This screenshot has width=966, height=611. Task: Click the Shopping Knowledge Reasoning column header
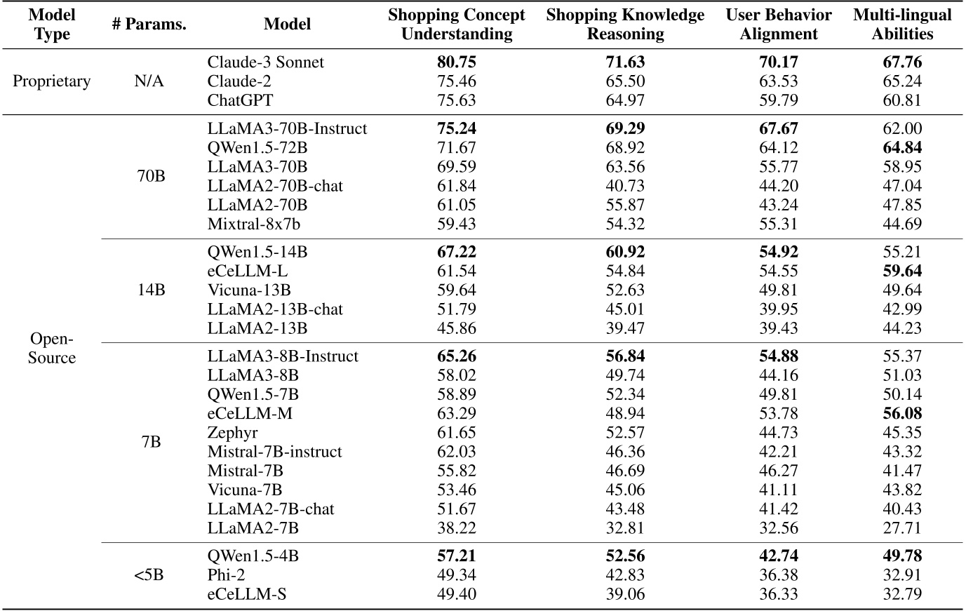pyautogui.click(x=625, y=25)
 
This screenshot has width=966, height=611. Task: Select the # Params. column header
pyautogui.click(x=149, y=25)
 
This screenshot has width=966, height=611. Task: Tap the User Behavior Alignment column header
pyautogui.click(x=779, y=25)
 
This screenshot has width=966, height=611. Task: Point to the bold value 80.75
pyautogui.click(x=457, y=62)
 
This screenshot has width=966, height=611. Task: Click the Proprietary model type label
pyautogui.click(x=52, y=81)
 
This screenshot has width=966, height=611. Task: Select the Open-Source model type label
pyautogui.click(x=52, y=349)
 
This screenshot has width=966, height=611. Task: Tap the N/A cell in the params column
pyautogui.click(x=149, y=81)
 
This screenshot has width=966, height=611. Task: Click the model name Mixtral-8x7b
pyautogui.click(x=254, y=224)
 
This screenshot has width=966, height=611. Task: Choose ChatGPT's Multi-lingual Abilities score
pyautogui.click(x=902, y=100)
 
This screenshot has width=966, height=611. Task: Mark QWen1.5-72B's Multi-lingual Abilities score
pyautogui.click(x=902, y=148)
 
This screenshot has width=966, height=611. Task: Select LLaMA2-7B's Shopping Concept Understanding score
pyautogui.click(x=457, y=528)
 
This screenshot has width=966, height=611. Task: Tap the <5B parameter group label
pyautogui.click(x=149, y=575)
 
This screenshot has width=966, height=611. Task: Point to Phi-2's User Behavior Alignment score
pyautogui.click(x=779, y=575)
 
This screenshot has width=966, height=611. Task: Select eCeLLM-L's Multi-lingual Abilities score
pyautogui.click(x=902, y=271)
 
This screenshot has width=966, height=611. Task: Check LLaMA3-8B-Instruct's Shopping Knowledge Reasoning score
pyautogui.click(x=625, y=356)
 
